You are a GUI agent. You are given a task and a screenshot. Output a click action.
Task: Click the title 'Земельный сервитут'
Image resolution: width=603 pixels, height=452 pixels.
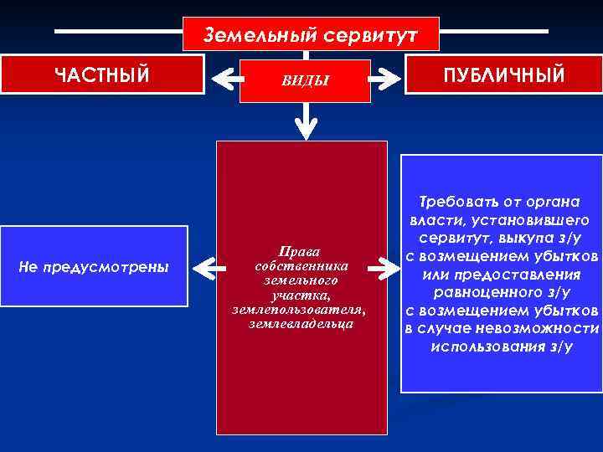point(311,36)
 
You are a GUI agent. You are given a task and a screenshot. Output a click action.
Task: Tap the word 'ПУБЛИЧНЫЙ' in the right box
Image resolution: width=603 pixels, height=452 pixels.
point(505,75)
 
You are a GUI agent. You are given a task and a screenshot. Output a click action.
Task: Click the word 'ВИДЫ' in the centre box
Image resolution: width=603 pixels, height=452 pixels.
point(305,80)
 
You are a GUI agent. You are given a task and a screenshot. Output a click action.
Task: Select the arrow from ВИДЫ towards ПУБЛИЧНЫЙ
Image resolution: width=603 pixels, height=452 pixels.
point(386,80)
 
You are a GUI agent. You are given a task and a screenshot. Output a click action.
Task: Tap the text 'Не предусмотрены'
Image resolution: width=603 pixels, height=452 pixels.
point(93,267)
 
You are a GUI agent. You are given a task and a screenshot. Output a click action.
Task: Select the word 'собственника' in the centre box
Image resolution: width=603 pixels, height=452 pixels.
point(301,265)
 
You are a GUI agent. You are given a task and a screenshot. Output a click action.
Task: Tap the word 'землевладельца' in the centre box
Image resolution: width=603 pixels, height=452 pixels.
point(301,323)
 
